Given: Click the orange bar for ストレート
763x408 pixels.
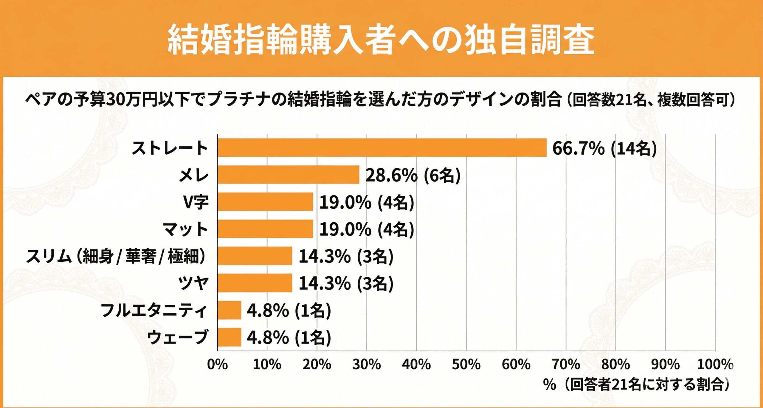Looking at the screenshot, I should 382,147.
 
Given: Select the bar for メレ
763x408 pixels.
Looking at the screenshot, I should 288,175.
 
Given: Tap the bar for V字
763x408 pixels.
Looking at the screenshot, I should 265,202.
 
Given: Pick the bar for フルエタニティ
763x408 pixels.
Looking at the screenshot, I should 229,310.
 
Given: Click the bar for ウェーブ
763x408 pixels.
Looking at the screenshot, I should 229,337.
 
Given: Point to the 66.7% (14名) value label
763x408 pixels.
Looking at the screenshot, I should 604,148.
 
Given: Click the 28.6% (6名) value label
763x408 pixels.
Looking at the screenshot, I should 413,175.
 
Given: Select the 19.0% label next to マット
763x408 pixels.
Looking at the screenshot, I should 367,230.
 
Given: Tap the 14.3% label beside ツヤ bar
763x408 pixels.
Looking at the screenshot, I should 346,283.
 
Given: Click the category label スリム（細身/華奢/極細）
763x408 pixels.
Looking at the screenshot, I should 116,256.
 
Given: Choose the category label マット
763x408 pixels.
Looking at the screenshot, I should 185,230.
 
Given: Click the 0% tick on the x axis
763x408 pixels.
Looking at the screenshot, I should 217,364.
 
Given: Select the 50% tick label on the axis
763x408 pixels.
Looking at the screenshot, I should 466,364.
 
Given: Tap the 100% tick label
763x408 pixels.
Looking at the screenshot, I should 714,364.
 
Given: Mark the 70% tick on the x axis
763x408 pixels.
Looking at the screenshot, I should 565,364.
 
